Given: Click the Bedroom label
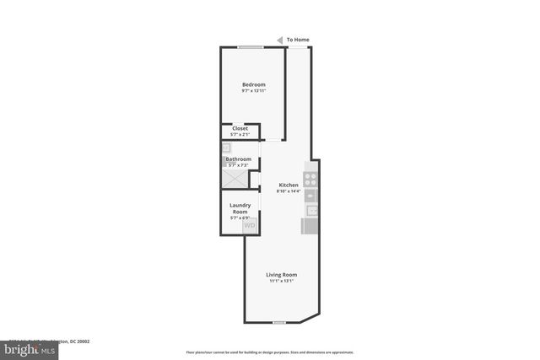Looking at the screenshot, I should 254,84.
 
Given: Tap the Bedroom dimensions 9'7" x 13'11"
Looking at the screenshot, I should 254,90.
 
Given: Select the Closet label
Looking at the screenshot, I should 240,128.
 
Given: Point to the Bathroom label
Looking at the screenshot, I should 238,159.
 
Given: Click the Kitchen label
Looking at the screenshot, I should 289,185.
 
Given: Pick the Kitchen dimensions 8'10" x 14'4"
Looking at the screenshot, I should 289,191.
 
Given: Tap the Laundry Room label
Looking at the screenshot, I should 240,207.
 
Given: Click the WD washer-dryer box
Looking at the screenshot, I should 250,225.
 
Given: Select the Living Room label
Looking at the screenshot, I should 282,275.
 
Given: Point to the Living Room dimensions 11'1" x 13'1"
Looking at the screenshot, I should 282,281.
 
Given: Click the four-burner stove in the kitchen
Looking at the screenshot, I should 310,179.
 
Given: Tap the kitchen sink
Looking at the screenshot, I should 311,208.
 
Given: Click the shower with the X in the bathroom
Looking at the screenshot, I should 235,179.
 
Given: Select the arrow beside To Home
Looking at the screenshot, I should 279,39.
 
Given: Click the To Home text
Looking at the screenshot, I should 298,39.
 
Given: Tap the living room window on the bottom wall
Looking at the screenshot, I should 279,322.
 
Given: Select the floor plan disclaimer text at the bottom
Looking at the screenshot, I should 269,352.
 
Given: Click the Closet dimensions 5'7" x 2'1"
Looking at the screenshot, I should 240,135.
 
